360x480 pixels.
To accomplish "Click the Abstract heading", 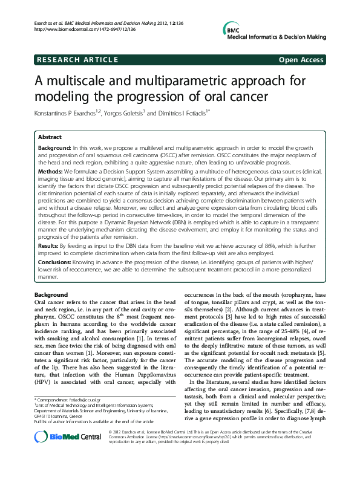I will [x=50, y=137].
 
